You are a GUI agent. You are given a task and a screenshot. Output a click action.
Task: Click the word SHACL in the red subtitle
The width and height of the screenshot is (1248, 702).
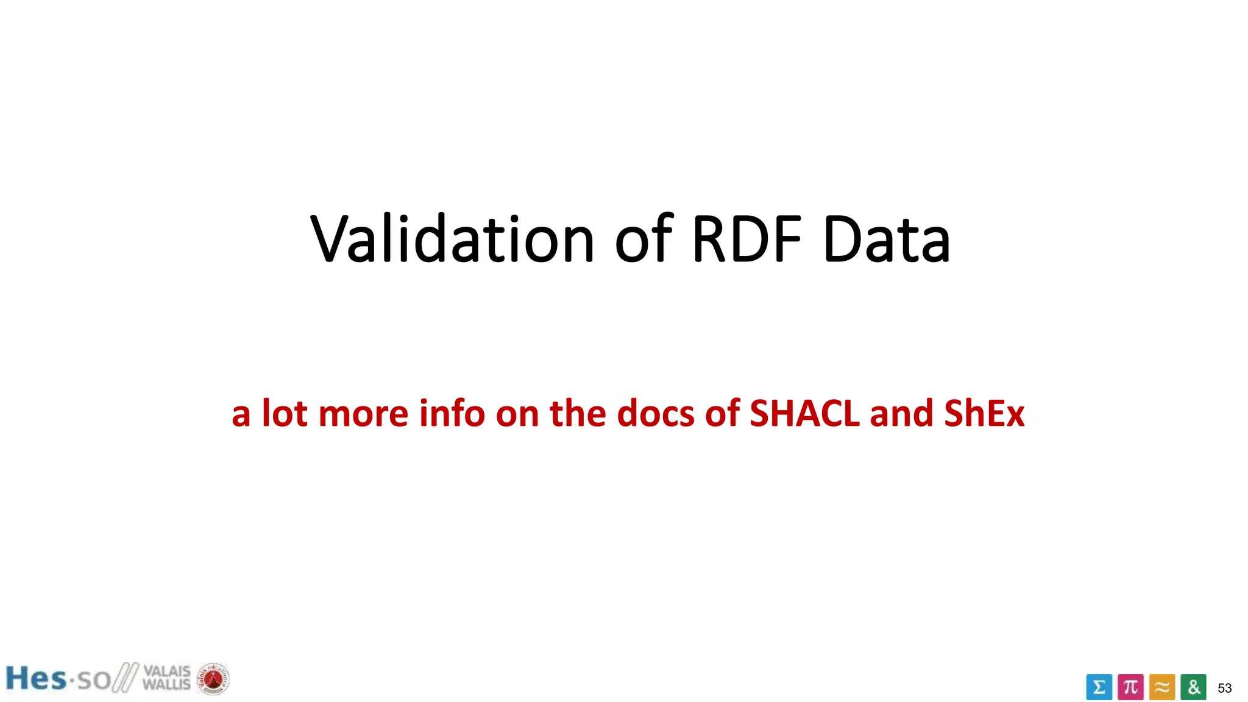804,414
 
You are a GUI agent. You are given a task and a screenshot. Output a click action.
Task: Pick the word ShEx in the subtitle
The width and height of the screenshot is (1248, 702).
984,414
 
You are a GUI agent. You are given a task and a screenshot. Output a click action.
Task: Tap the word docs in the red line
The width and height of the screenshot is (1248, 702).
656,414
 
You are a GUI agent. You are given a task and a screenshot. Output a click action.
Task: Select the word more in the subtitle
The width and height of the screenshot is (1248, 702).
363,414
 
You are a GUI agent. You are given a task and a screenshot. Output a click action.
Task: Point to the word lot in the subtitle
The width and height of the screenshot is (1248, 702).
285,414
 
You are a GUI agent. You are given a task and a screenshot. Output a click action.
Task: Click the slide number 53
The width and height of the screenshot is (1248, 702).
1224,688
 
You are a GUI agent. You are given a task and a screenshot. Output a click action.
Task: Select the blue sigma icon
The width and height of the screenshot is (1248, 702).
1099,687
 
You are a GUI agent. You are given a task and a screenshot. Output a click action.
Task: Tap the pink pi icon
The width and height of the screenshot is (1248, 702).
1130,687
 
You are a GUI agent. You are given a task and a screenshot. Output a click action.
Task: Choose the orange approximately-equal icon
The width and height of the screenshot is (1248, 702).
1162,687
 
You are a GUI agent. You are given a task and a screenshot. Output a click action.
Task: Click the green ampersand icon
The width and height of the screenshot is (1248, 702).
1193,687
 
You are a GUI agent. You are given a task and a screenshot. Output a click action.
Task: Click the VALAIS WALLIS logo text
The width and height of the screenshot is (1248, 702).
166,678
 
